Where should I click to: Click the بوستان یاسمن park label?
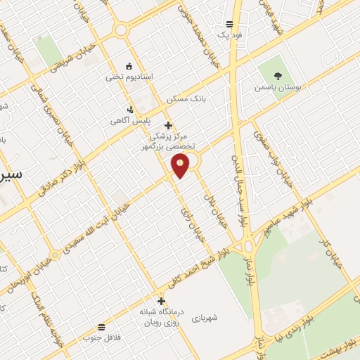pyautogui.click(x=280, y=89)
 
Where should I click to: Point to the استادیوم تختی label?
pyautogui.click(x=129, y=76)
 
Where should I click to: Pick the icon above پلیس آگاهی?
pyautogui.click(x=131, y=109)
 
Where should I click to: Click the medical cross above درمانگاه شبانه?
pyautogui.click(x=161, y=301)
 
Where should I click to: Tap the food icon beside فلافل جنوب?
pyautogui.click(x=103, y=326)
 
